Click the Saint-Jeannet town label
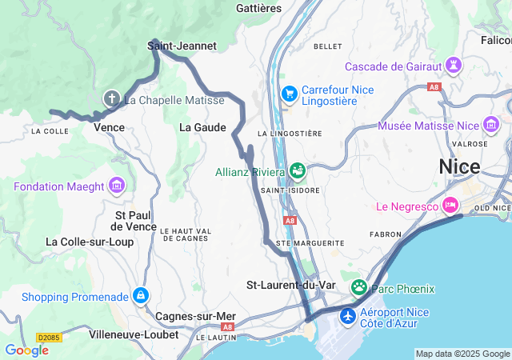182,46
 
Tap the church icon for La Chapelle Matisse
112,99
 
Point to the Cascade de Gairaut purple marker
455,65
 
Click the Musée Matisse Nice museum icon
490,126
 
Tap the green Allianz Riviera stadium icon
298,170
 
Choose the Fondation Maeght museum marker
118,186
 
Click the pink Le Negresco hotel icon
450,206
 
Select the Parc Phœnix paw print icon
359,287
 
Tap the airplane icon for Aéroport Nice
348,317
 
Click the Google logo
26,350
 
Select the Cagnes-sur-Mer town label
195,316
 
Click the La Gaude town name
202,127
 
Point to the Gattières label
259,8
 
